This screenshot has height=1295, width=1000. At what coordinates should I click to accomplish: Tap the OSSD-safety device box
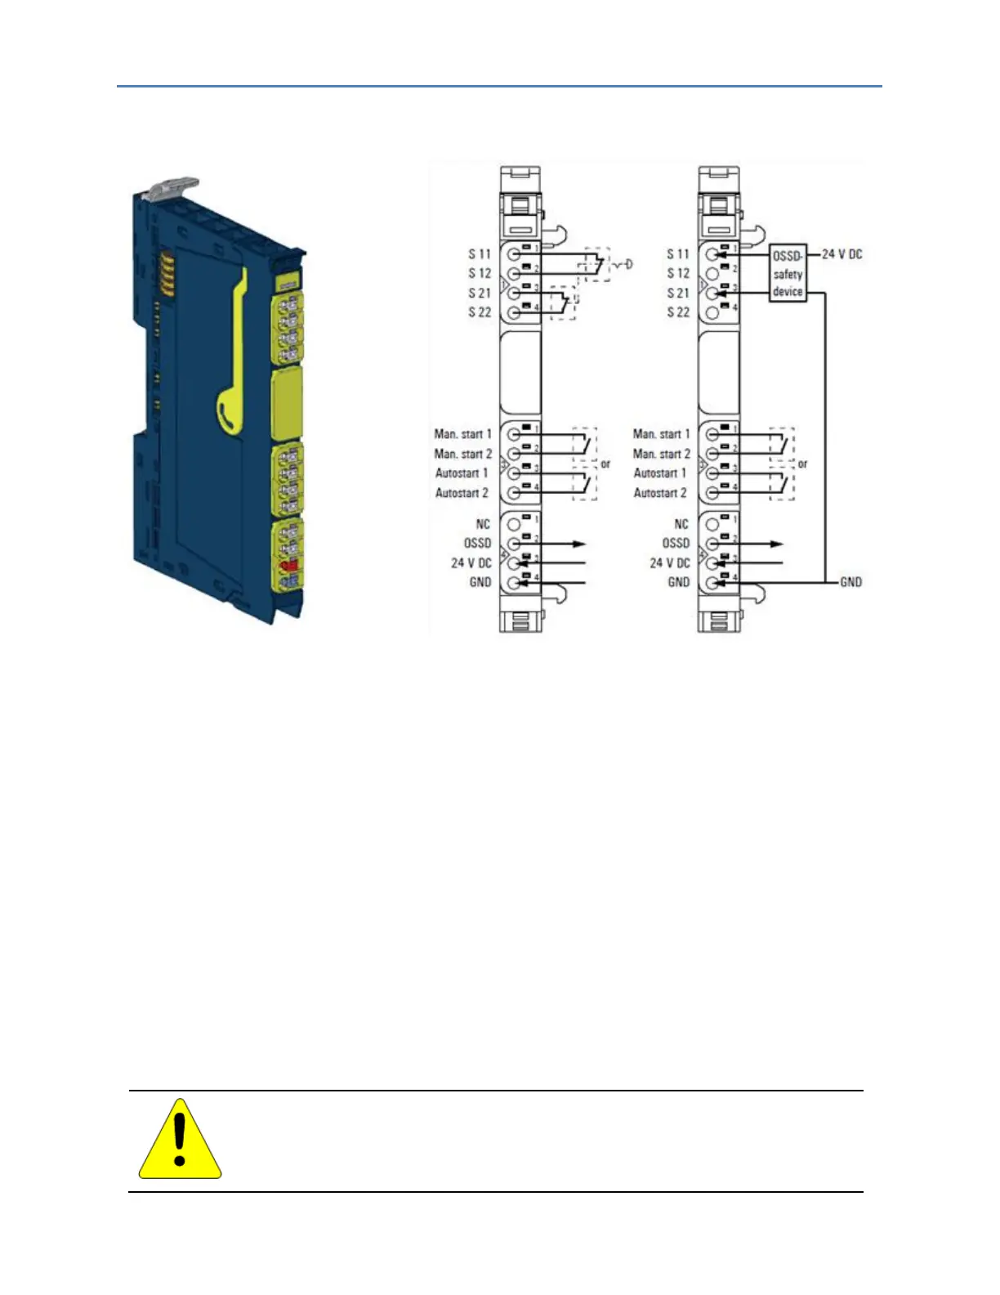coord(788,274)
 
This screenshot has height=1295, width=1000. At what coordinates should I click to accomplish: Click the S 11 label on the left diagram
coord(480,254)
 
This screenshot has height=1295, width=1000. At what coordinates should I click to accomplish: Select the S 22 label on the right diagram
coord(678,312)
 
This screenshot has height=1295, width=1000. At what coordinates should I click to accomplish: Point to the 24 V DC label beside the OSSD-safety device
coord(842,254)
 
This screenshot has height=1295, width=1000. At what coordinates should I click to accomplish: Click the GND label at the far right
coord(850,582)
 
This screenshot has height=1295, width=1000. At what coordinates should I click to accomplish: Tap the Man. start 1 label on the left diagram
coord(462,434)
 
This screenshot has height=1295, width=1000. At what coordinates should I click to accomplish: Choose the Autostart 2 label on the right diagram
coord(660,493)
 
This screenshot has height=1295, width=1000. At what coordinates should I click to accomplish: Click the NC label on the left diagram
coord(483,524)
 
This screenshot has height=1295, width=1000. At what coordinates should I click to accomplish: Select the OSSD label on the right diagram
coord(676,544)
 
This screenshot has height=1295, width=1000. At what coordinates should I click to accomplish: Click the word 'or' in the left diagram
coord(605,464)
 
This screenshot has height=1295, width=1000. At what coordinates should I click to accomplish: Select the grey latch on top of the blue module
coord(172,188)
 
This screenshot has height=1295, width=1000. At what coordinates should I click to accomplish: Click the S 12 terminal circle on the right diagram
coord(712,274)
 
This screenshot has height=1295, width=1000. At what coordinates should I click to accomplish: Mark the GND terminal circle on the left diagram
coord(515,583)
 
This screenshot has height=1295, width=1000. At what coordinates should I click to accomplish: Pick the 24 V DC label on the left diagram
coord(471,563)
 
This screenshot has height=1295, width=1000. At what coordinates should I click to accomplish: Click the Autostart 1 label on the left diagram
coord(462,473)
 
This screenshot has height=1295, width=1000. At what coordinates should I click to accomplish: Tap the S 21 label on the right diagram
coord(678,293)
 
